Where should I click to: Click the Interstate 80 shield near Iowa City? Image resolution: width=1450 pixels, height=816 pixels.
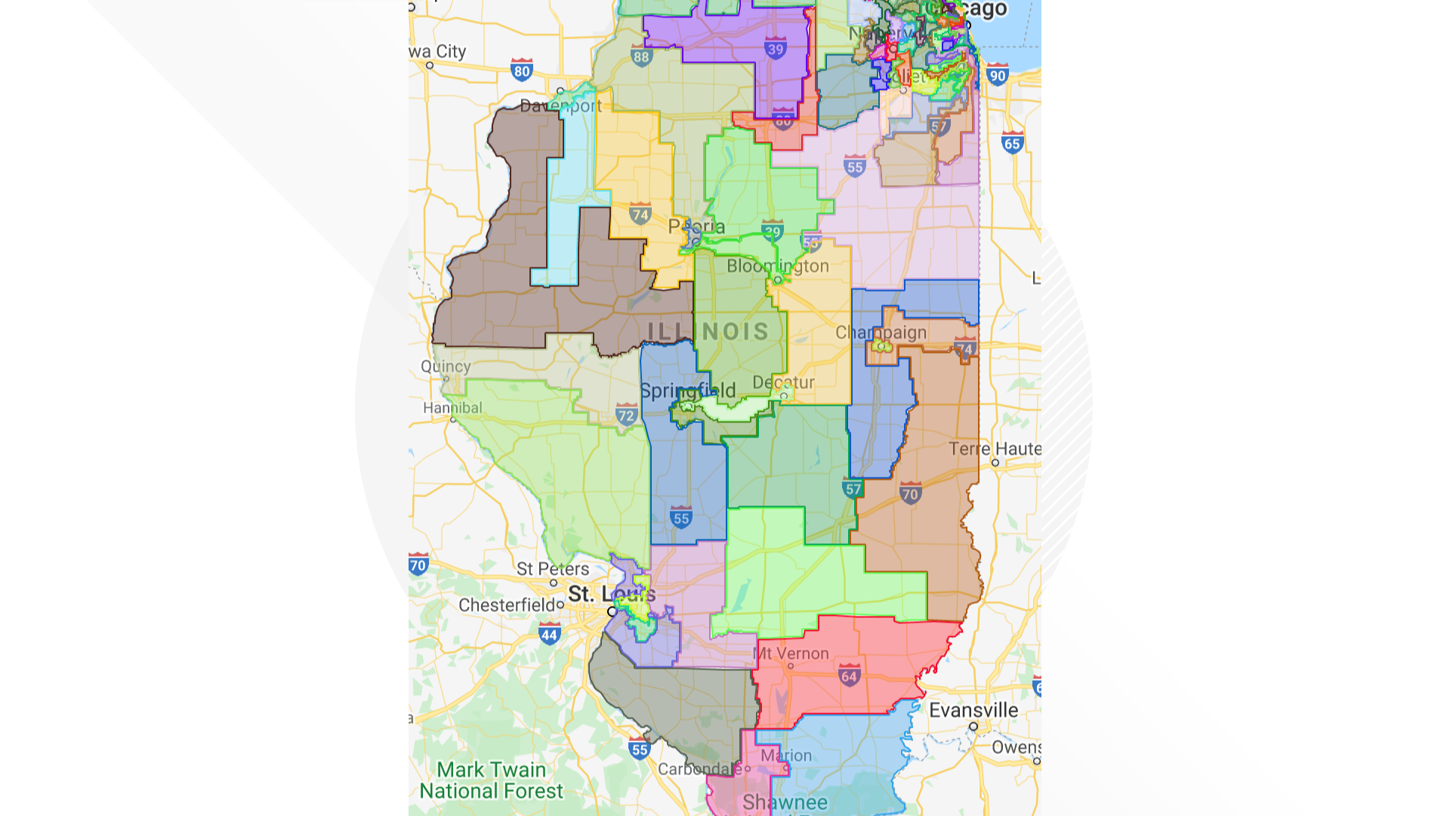coord(521,70)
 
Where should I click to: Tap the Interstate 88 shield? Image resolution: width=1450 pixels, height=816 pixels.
coord(641,56)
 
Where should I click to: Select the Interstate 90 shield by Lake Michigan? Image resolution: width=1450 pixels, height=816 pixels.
coord(998,75)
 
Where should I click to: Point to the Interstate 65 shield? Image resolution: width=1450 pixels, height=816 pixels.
coord(1012,143)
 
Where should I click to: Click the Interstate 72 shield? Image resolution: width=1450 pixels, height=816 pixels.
coord(626,415)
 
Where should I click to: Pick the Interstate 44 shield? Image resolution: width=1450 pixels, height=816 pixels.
coord(549,635)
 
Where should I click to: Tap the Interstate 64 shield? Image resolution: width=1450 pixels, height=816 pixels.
coord(849,675)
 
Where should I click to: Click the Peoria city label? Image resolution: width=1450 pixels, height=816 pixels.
coord(696,226)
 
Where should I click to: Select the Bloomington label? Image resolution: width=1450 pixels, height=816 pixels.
coord(778,266)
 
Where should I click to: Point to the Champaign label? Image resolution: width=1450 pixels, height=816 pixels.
coord(881,332)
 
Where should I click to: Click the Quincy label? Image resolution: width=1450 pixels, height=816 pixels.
coord(446,366)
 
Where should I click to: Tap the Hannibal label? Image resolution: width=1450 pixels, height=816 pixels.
coord(452,408)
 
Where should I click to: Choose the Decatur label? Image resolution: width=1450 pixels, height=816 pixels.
coord(783,382)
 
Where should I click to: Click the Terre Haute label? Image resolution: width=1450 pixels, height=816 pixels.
coord(995,449)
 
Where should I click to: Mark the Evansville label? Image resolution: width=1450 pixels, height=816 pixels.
coord(973,710)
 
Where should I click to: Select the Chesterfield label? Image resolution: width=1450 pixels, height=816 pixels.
coord(507,605)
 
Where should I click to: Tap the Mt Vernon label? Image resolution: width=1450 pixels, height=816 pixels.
coord(791,654)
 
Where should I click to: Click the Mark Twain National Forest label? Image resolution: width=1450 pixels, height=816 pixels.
coord(491,780)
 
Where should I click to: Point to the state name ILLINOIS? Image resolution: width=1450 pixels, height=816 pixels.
coord(708,332)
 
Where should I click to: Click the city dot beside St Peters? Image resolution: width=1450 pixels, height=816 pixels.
coord(554,583)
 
